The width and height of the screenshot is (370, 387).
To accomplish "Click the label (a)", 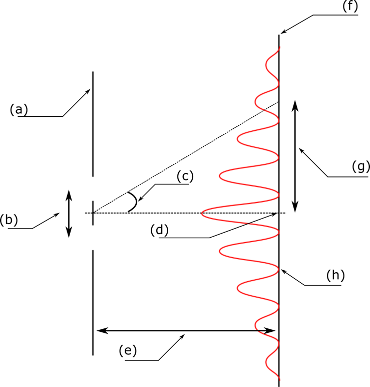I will (x=20, y=109).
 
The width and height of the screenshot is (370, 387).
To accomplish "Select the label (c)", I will (x=184, y=176).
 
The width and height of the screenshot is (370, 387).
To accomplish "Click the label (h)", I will (x=335, y=275).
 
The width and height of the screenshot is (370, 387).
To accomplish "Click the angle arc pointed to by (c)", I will (x=133, y=202).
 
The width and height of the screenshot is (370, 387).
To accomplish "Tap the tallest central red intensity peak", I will (x=203, y=214).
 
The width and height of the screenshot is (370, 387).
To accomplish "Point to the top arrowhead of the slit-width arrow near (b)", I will (x=69, y=192).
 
